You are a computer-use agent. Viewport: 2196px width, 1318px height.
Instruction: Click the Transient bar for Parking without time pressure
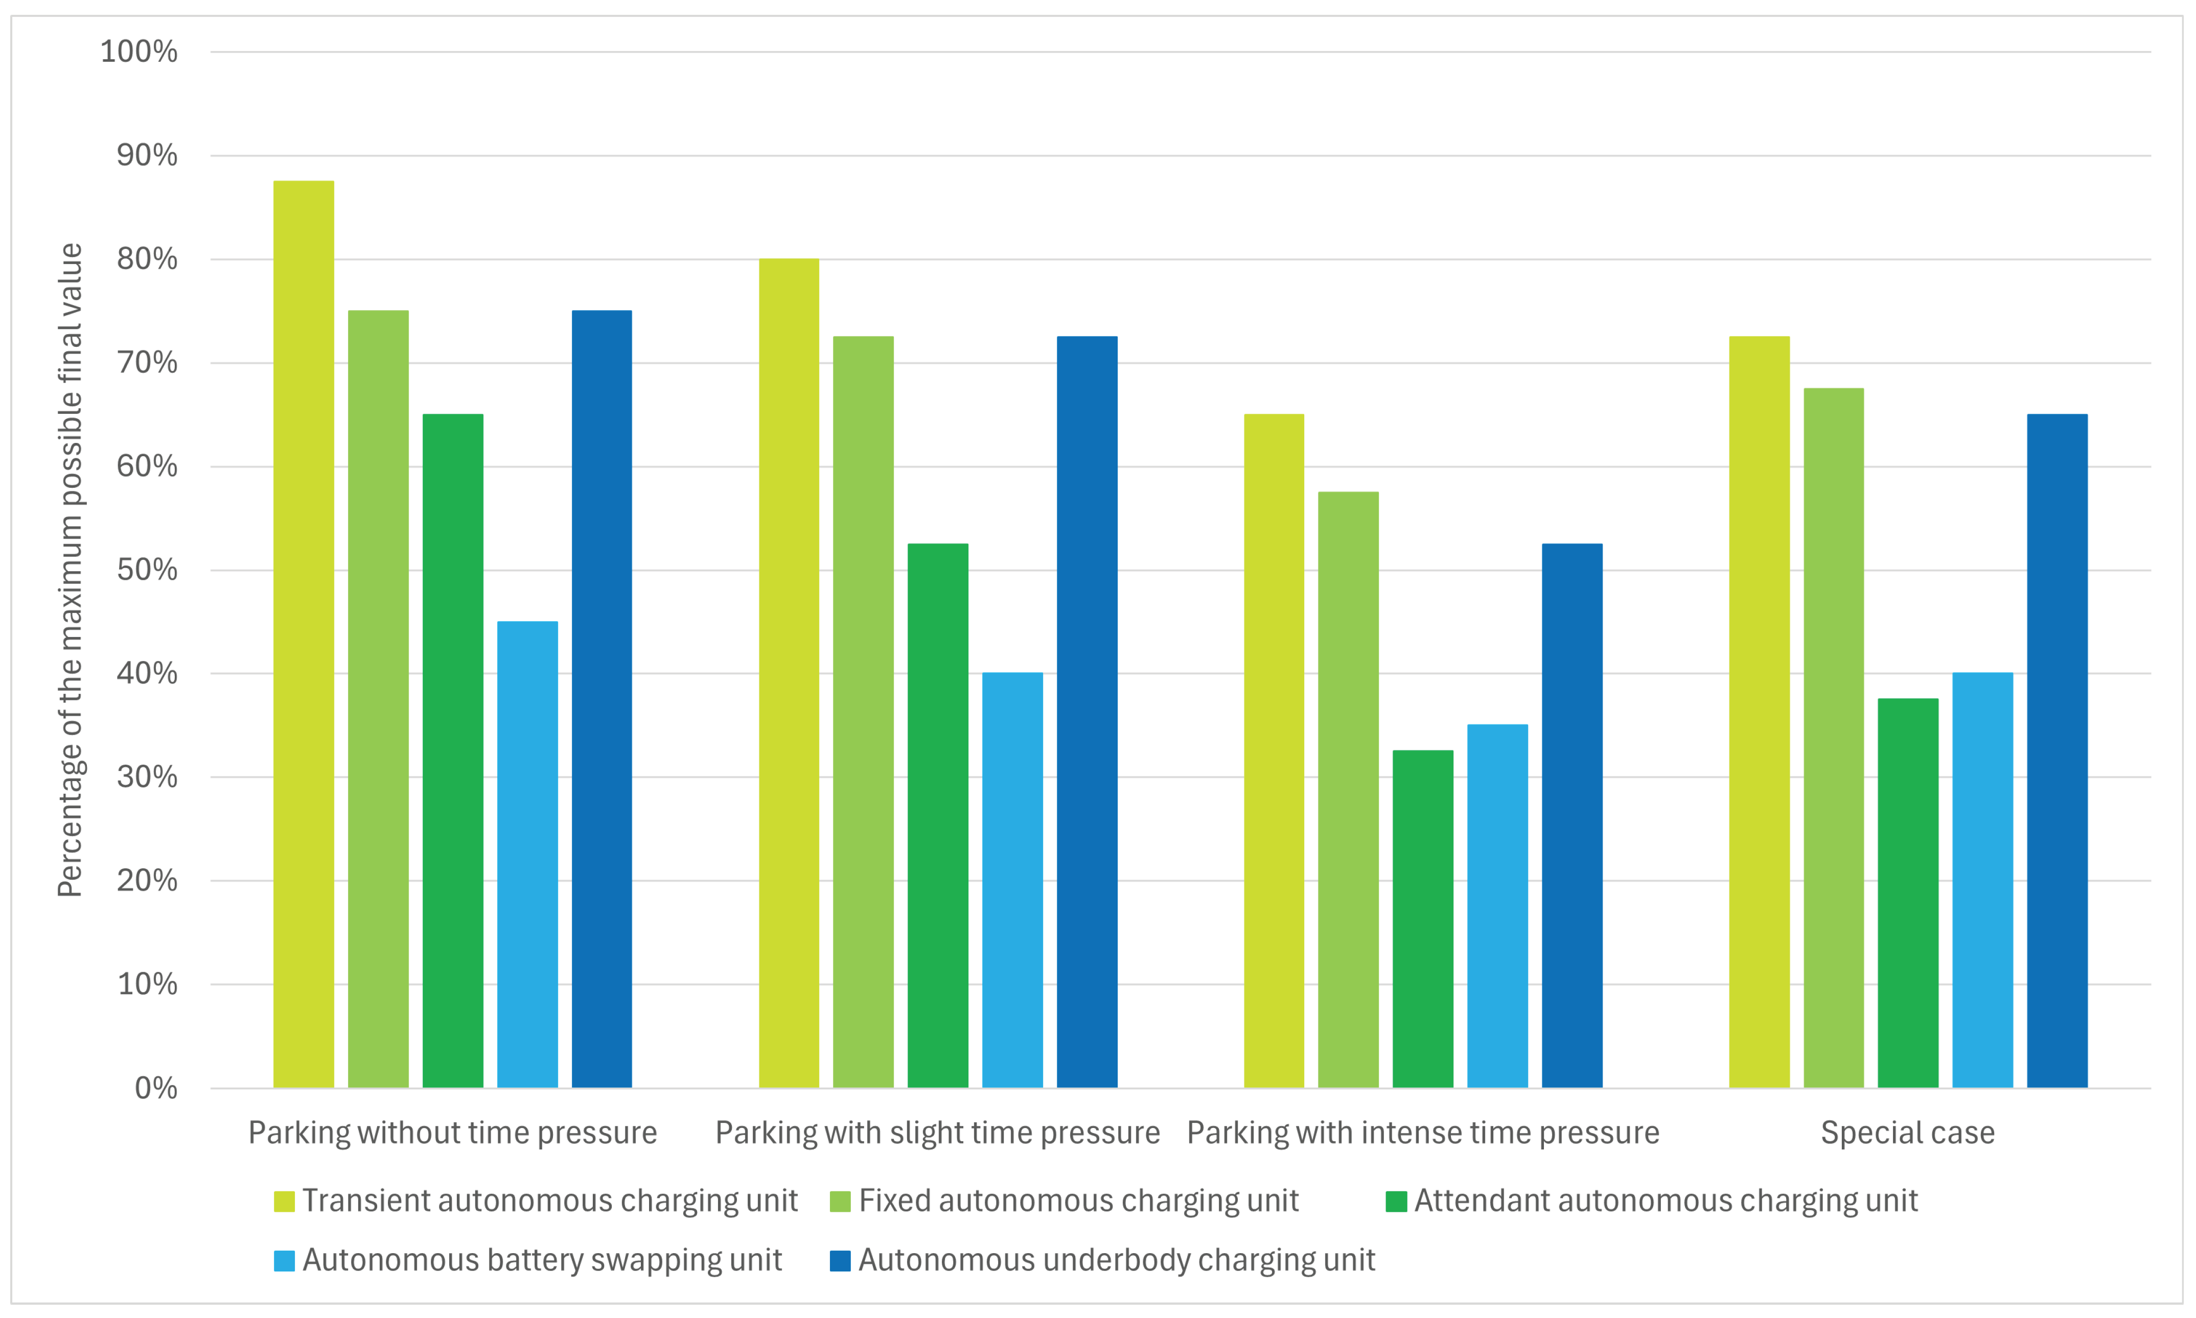coord(304,634)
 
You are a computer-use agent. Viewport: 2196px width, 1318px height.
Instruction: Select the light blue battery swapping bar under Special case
coord(1983,880)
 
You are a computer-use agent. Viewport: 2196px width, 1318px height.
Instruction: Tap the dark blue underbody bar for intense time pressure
coord(1573,815)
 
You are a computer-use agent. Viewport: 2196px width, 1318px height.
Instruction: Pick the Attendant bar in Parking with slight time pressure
coord(938,815)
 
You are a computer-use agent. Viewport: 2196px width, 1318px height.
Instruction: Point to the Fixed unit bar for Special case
coord(1834,738)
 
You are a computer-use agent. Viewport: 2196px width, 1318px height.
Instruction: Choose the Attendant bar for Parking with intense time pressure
coord(1423,919)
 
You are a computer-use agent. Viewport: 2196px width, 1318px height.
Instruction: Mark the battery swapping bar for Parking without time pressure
coord(528,854)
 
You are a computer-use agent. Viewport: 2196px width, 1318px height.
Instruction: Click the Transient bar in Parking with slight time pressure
coord(789,673)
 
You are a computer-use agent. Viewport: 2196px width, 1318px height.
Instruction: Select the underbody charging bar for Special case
coord(2058,750)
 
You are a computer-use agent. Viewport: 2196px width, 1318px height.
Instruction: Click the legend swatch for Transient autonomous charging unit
coord(284,1202)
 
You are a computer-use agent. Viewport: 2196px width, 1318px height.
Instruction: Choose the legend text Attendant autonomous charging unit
coord(1666,1201)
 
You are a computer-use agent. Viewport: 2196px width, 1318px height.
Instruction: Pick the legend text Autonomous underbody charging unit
coord(1117,1260)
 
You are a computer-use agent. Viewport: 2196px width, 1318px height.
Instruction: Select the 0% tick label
coord(156,1088)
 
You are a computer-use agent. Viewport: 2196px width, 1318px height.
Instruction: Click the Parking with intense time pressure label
coord(1423,1133)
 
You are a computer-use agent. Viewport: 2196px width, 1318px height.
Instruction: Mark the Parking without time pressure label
coord(453,1133)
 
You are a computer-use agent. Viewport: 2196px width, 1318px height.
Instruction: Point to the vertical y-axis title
coord(70,570)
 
